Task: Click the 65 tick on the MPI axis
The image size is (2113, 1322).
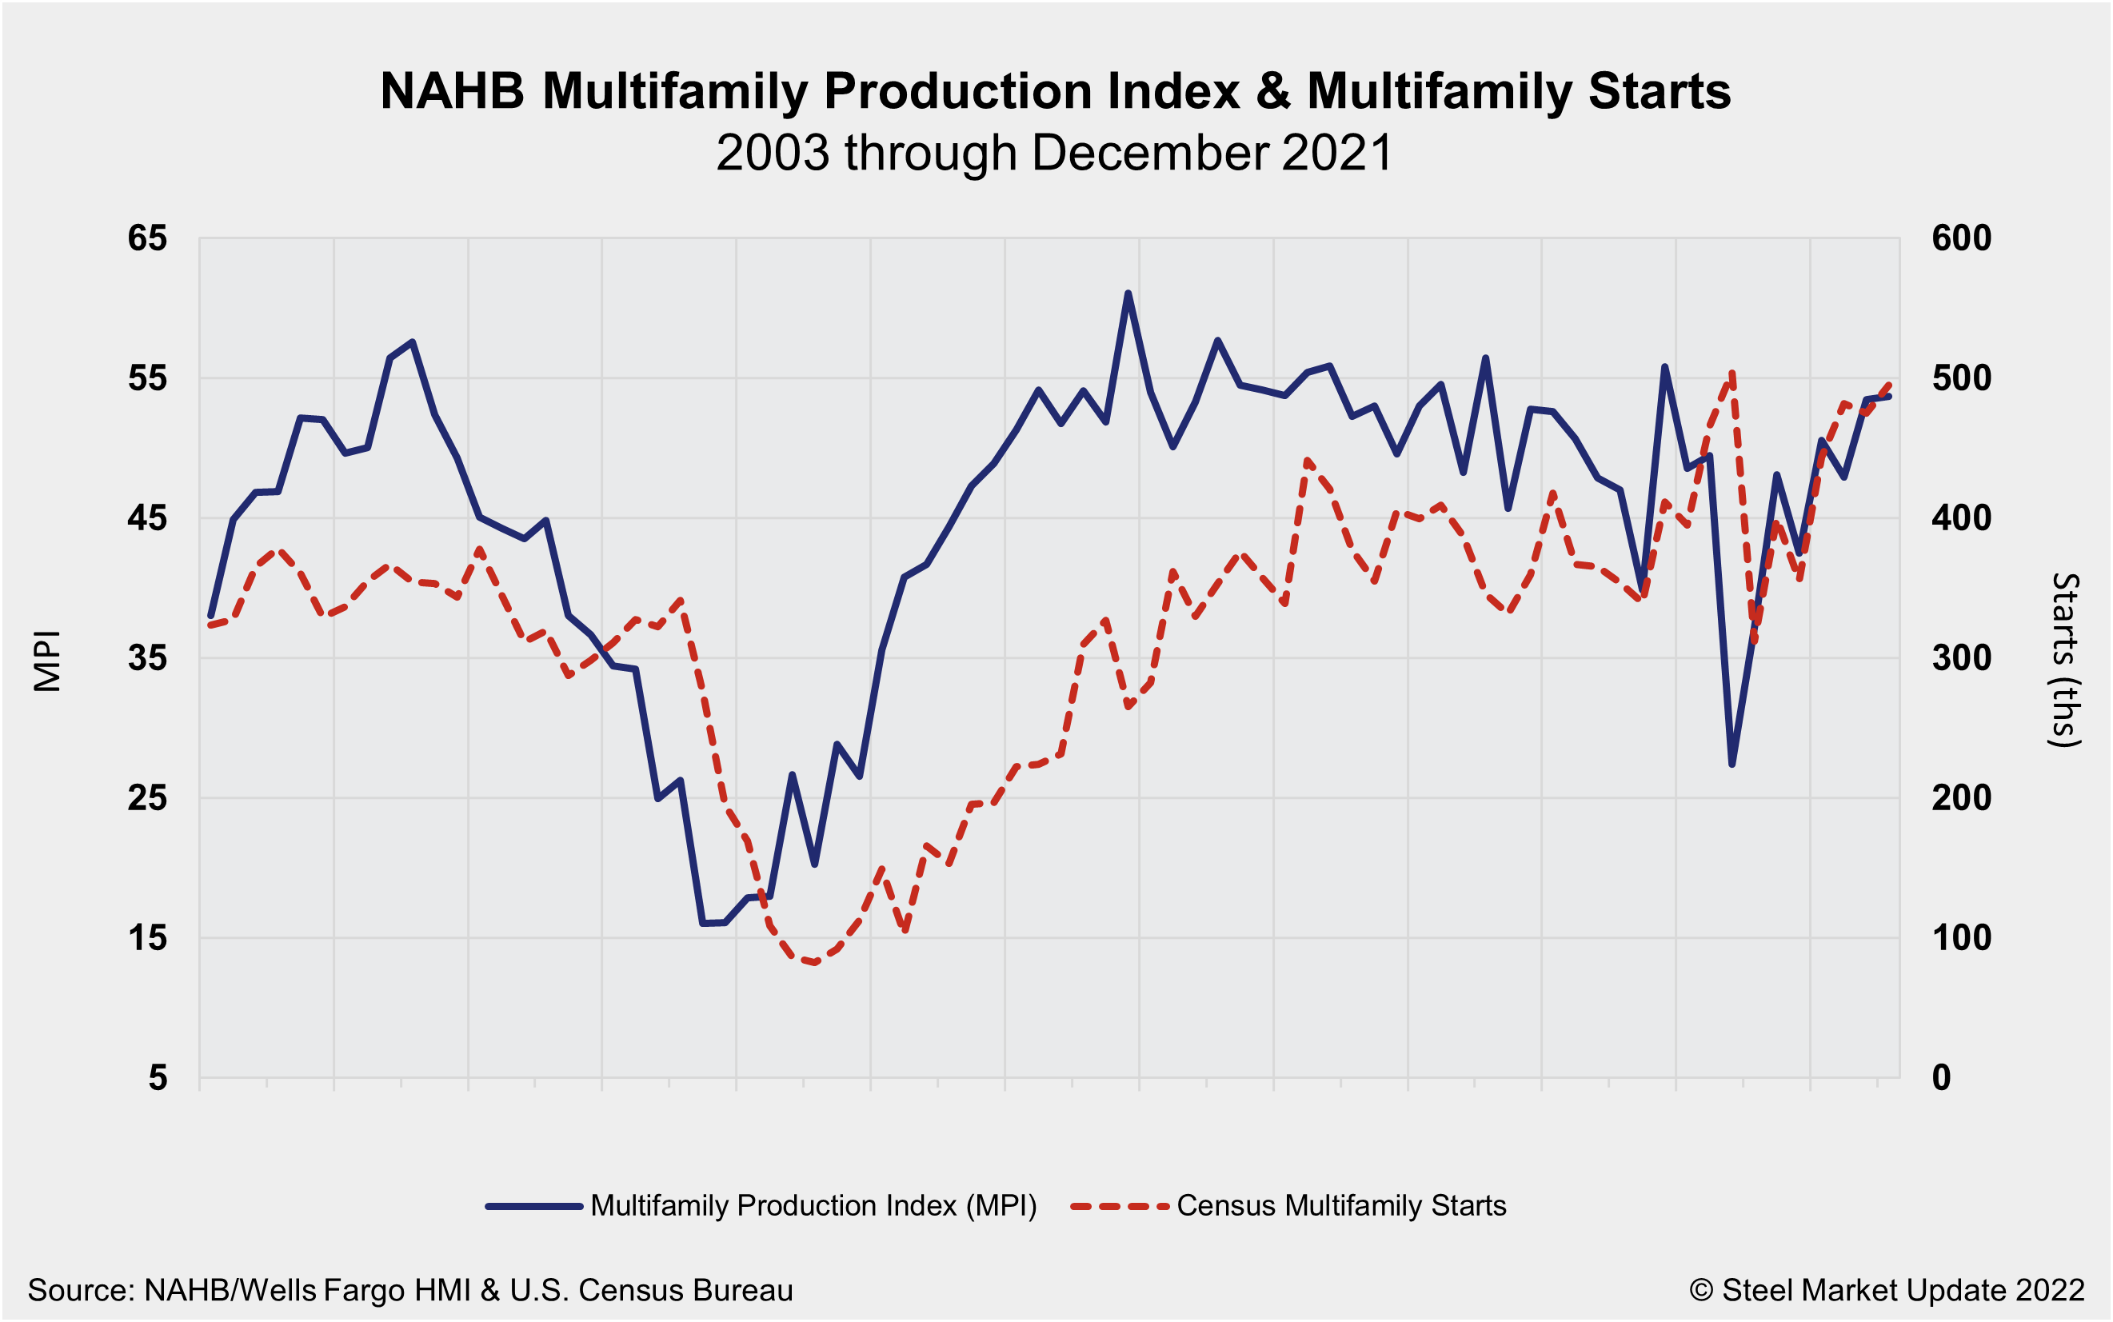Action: click(x=147, y=238)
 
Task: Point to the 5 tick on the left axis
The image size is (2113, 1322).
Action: click(x=158, y=1078)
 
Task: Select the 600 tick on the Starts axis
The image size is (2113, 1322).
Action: click(x=1962, y=238)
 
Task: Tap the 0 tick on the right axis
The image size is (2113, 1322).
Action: click(x=1942, y=1078)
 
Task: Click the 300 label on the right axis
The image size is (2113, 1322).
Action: click(x=1962, y=657)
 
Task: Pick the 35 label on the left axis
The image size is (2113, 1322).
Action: click(x=147, y=657)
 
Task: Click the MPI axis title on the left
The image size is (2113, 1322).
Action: click(x=47, y=660)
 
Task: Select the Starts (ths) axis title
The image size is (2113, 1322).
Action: click(x=2066, y=660)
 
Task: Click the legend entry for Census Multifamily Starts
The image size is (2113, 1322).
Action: click(x=1341, y=1206)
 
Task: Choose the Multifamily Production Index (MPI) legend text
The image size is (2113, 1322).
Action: click(x=813, y=1206)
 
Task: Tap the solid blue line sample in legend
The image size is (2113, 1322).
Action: click(x=534, y=1207)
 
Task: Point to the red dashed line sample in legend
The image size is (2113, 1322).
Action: click(x=1120, y=1207)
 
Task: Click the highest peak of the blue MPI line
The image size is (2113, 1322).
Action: click(x=1128, y=294)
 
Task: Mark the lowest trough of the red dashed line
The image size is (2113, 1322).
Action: click(x=815, y=963)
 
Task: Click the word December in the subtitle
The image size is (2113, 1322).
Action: click(x=1152, y=153)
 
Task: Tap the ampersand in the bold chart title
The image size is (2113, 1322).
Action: click(x=1273, y=91)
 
